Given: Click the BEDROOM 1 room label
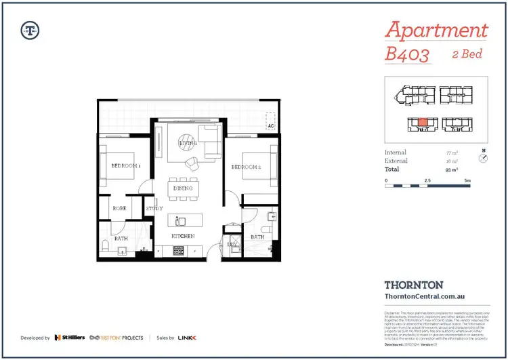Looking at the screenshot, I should pos(125,165).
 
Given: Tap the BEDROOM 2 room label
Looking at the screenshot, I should pos(245,167).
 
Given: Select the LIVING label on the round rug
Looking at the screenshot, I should pos(188,144).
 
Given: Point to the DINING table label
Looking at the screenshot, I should pos(183,188).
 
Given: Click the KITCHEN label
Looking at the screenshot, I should pos(182,236).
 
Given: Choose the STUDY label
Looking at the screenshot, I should pos(154,209).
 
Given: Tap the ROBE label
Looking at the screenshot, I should pos(120,209).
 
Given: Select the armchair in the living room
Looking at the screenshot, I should pos(193,163).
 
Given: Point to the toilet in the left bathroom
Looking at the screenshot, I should pos(104,245).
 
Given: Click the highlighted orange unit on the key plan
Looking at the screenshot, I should pos(422,123).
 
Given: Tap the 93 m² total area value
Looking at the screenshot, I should pos(448,169).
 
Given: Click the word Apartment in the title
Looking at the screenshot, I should pos(436,30).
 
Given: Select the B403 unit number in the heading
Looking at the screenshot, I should pos(407,54).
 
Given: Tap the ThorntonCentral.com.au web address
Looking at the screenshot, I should pos(424,296).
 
